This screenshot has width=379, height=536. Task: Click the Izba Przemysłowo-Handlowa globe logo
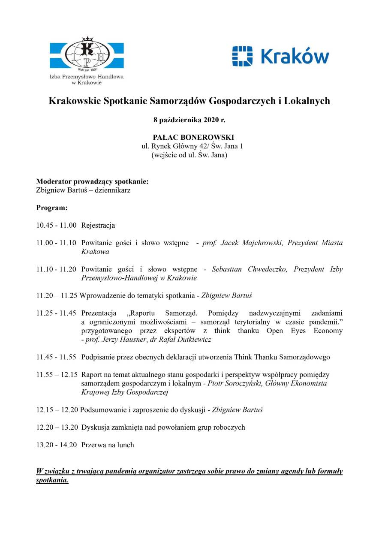(x=86, y=54)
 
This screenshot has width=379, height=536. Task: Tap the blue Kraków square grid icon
(x=243, y=56)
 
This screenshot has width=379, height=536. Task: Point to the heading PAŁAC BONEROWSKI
(x=193, y=138)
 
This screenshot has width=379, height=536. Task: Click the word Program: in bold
(x=52, y=208)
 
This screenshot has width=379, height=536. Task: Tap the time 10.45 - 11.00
(x=56, y=225)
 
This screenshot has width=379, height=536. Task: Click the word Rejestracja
(x=98, y=225)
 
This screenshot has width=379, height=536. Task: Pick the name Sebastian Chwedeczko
(x=252, y=269)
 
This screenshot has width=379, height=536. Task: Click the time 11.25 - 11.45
(x=56, y=313)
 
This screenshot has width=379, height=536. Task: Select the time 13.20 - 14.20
(x=56, y=445)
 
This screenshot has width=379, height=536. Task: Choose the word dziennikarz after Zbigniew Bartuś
(x=113, y=190)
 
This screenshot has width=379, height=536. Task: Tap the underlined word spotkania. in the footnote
(x=52, y=480)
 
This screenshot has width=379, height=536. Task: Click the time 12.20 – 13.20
(x=57, y=427)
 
